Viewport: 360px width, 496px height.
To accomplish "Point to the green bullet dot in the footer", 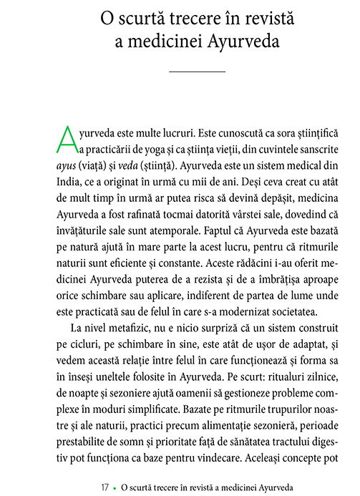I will (x=115, y=487).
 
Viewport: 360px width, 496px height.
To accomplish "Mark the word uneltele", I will (x=125, y=390).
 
